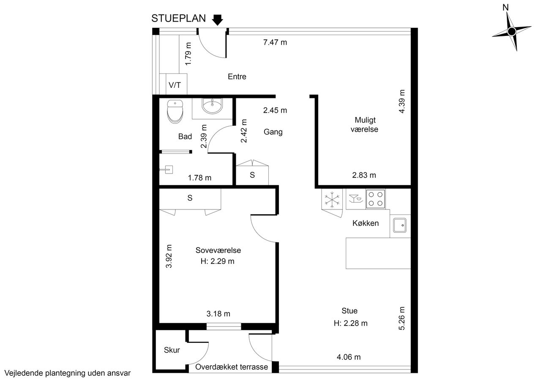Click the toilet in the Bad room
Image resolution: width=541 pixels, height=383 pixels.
pos(175,111)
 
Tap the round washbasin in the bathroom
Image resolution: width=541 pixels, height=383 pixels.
pos(212,106)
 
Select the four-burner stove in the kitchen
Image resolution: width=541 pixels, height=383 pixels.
pos(376,199)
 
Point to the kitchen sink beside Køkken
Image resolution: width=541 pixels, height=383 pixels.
pos(400,225)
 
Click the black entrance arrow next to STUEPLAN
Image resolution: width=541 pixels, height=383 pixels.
pos(217,20)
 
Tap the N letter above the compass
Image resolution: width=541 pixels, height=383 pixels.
pos(505,8)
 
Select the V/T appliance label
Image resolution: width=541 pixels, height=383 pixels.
pos(175,85)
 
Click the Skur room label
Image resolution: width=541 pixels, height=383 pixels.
pos(172,350)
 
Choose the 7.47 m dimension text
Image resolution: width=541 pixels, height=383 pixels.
pos(275,43)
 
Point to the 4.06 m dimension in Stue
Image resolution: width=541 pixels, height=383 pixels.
pos(349,357)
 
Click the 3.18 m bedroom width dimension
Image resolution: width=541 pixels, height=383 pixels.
pos(219,314)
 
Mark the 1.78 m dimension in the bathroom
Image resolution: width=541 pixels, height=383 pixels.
pos(199,178)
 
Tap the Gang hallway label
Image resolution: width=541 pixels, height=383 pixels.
pos(273,132)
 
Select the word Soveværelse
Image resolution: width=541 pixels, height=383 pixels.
pos(218,250)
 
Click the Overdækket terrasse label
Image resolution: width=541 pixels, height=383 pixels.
pos(232,367)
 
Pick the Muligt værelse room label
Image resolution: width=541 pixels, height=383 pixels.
pos(364,125)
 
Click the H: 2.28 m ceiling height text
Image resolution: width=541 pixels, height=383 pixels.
pos(350,323)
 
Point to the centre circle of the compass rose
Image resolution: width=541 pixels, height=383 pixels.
pos(512,32)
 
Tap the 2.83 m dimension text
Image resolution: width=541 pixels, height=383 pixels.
pos(364,175)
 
